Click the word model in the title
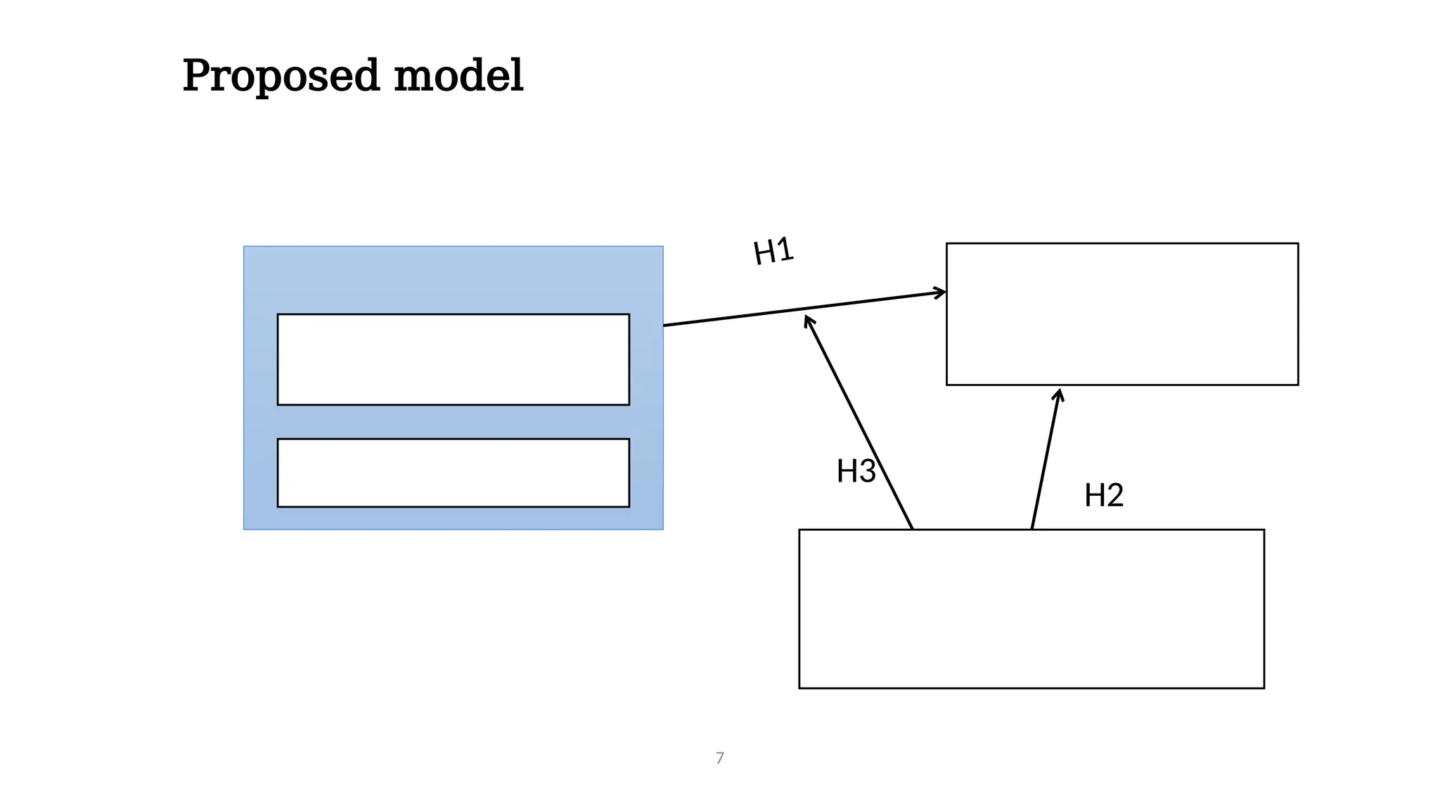click(458, 76)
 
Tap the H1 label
click(773, 251)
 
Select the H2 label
click(1103, 496)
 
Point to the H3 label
click(856, 471)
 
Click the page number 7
click(719, 758)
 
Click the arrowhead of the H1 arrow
click(942, 292)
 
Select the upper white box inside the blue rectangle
click(453, 359)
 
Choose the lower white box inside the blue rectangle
click(453, 472)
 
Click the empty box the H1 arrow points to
click(1121, 314)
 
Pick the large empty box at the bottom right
click(1031, 609)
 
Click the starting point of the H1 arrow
click(665, 325)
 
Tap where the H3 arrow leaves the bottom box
click(912, 528)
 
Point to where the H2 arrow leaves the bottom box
click(1031, 528)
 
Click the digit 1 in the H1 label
click(785, 250)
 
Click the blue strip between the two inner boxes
click(453, 422)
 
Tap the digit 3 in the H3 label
click(867, 471)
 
